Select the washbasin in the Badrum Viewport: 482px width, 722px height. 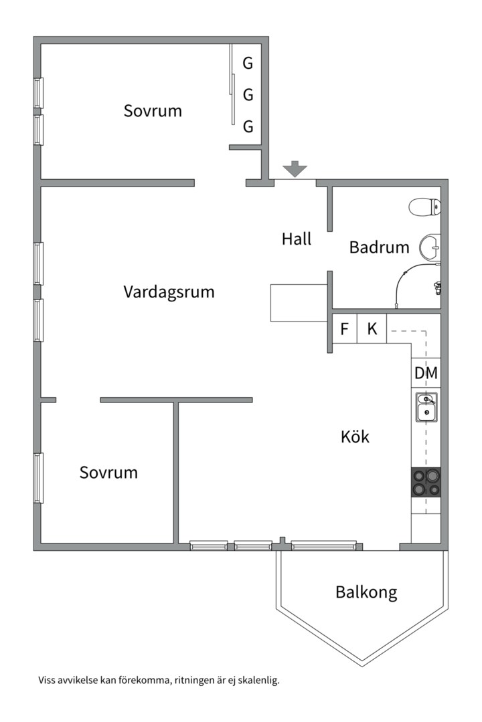[x=430, y=248]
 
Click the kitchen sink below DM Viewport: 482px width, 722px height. [x=426, y=408]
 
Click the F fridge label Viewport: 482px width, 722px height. [x=345, y=329]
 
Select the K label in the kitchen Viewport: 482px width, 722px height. [x=372, y=329]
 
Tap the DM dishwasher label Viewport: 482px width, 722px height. [x=426, y=374]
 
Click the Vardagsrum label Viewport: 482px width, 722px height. [x=169, y=292]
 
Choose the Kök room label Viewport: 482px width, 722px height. [x=355, y=437]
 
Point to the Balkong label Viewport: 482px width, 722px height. [x=366, y=592]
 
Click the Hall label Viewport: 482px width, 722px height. [x=297, y=239]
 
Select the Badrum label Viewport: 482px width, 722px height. [x=379, y=247]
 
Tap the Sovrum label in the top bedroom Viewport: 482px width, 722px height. [x=153, y=111]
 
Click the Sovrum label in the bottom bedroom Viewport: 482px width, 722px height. [x=108, y=473]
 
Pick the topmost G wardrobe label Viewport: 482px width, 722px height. [x=248, y=64]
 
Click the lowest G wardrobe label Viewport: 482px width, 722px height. [x=248, y=126]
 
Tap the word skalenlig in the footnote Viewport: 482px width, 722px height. [x=256, y=681]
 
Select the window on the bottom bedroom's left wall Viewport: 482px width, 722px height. [x=39, y=478]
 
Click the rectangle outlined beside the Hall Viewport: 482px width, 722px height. [x=299, y=302]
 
